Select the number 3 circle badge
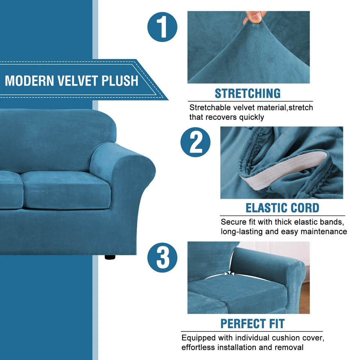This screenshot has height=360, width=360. pyautogui.click(x=162, y=257)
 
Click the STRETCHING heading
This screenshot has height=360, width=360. pyautogui.click(x=247, y=93)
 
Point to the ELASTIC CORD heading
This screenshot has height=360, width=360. pyautogui.click(x=282, y=208)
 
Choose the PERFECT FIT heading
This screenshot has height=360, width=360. pyautogui.click(x=252, y=323)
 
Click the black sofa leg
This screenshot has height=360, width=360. pyautogui.click(x=110, y=258)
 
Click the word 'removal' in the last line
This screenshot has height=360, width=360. pyautogui.click(x=289, y=347)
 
